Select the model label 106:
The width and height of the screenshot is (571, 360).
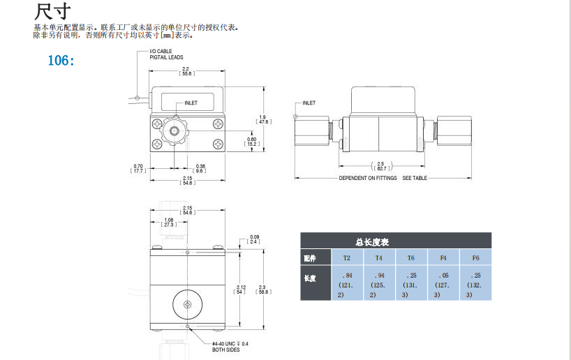pos(61,60)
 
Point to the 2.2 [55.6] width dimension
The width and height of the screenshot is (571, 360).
pos(186,71)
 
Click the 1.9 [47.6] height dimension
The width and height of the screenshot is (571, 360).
pos(262,119)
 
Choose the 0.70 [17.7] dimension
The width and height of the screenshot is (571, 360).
pos(138,167)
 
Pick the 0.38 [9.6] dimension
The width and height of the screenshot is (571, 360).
pos(200,167)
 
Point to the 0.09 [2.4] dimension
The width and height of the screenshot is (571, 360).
pos(254,240)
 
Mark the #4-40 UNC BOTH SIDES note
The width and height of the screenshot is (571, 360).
pos(228,346)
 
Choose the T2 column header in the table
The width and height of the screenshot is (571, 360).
pos(347,257)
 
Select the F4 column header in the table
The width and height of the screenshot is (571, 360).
pos(443,257)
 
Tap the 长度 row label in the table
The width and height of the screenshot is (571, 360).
pos(310,278)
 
